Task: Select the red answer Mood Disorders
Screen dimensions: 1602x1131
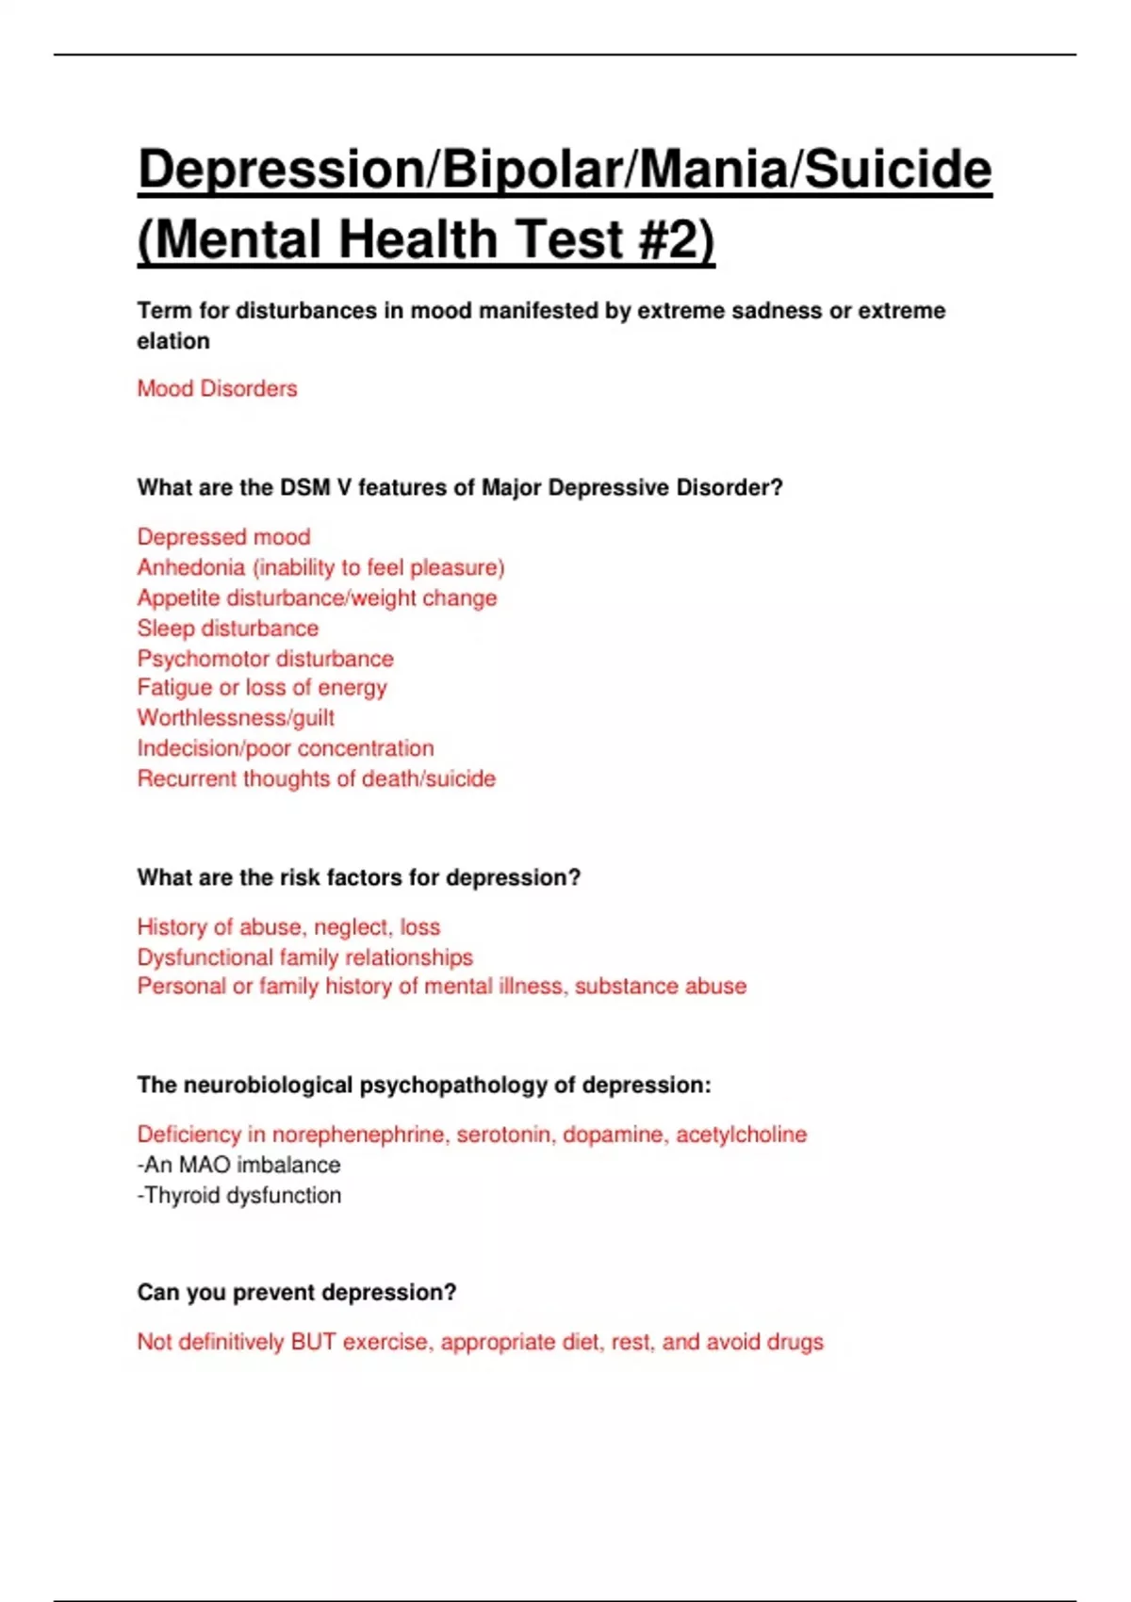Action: (x=217, y=388)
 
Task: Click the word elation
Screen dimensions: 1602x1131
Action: (x=173, y=341)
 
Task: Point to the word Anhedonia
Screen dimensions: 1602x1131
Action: (x=190, y=567)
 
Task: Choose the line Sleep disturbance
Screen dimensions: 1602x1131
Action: (x=228, y=628)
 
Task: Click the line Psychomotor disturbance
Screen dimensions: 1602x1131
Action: (x=265, y=658)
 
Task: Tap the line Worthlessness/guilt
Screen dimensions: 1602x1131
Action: (x=236, y=718)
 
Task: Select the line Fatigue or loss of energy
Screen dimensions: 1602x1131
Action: (x=262, y=688)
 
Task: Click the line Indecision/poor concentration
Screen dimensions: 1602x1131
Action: (x=286, y=748)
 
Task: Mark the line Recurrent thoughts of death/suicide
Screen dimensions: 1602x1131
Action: (x=316, y=778)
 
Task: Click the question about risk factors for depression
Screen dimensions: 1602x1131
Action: (x=358, y=877)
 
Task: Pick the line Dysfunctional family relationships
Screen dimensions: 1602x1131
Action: (x=304, y=957)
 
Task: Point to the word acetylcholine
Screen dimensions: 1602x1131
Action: (x=741, y=1135)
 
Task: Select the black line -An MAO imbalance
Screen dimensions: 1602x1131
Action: (x=238, y=1165)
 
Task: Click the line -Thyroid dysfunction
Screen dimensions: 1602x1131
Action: (x=239, y=1195)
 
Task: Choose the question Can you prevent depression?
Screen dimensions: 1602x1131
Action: (x=296, y=1292)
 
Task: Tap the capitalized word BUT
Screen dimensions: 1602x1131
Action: (x=313, y=1342)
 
